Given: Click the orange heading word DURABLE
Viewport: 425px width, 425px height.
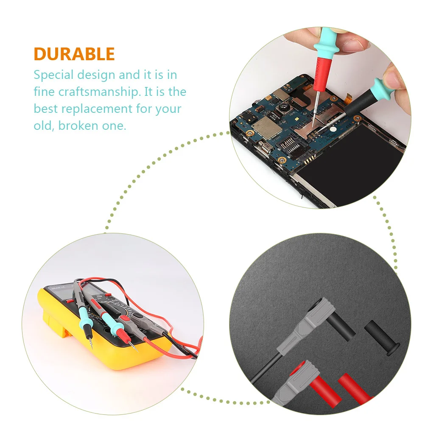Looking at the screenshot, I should tap(74, 54).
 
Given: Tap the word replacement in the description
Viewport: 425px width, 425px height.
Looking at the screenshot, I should tap(97, 109).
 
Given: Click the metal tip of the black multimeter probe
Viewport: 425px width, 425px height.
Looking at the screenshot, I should tap(91, 343).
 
